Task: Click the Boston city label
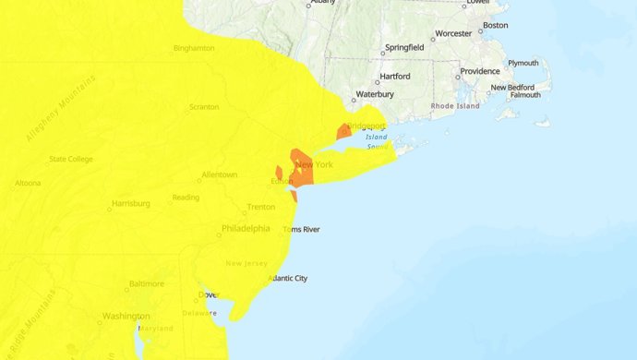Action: coord(496,25)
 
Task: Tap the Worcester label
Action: coord(453,33)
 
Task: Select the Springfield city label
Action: coord(404,46)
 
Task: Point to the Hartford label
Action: coord(391,79)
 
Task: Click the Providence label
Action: coord(481,71)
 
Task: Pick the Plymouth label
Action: coord(523,63)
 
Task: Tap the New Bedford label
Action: coord(512,88)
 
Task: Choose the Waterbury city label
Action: coord(376,94)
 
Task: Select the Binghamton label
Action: coord(194,48)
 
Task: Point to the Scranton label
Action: coord(203,107)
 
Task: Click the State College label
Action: coord(71,159)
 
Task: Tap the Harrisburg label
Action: coord(130,203)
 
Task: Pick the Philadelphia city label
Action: coord(246,228)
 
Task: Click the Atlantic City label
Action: coord(287,278)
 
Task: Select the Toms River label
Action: coord(301,229)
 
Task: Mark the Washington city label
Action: coord(126,316)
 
